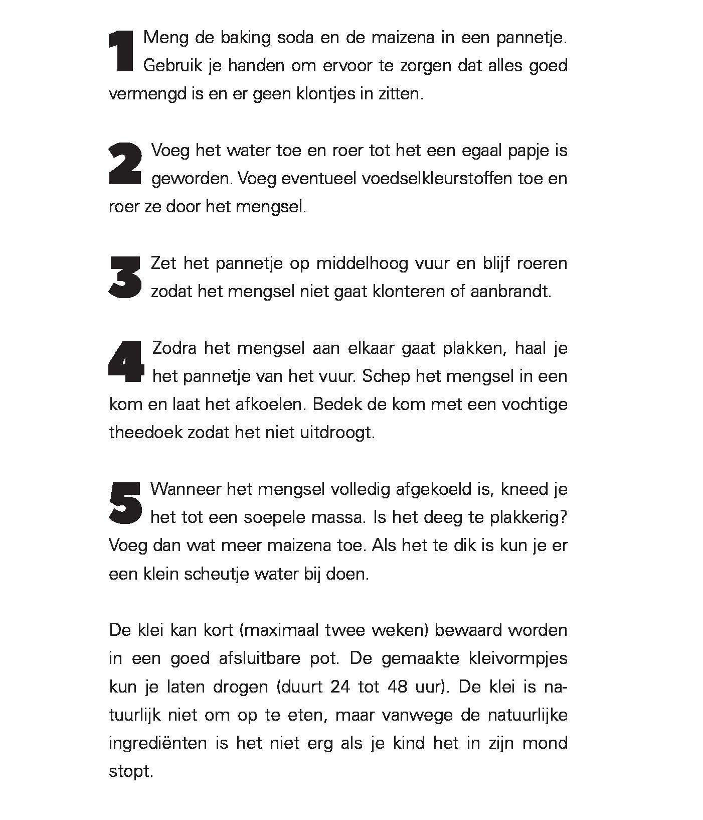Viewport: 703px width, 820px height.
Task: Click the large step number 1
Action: click(x=121, y=51)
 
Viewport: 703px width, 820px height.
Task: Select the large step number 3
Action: click(x=125, y=277)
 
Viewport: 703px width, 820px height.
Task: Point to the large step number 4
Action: click(x=126, y=362)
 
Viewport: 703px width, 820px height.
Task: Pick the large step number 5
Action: click(x=125, y=502)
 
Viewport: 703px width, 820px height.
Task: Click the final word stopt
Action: click(x=130, y=771)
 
